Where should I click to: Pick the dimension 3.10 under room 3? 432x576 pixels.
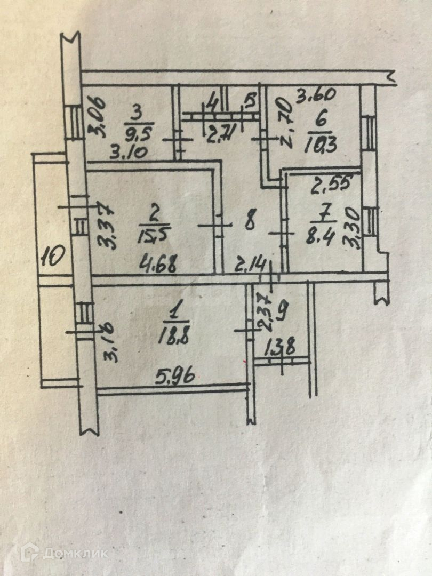(128, 153)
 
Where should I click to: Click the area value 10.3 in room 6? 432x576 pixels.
(322, 143)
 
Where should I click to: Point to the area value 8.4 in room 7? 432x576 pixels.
(322, 235)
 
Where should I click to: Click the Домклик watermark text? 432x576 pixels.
(75, 553)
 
